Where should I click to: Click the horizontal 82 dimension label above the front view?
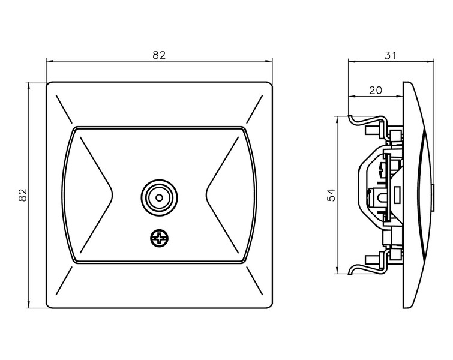click(x=159, y=55)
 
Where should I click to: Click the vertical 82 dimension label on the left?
click(x=23, y=195)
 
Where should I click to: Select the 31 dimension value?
click(x=391, y=55)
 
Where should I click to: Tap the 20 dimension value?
click(x=376, y=91)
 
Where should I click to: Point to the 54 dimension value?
click(x=331, y=195)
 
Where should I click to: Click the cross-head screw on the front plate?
click(x=159, y=238)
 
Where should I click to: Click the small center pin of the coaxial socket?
click(x=159, y=197)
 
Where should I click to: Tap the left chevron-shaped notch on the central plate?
click(x=96, y=194)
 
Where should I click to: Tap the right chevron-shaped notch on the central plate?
click(x=223, y=194)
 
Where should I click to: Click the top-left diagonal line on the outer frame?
click(x=64, y=109)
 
